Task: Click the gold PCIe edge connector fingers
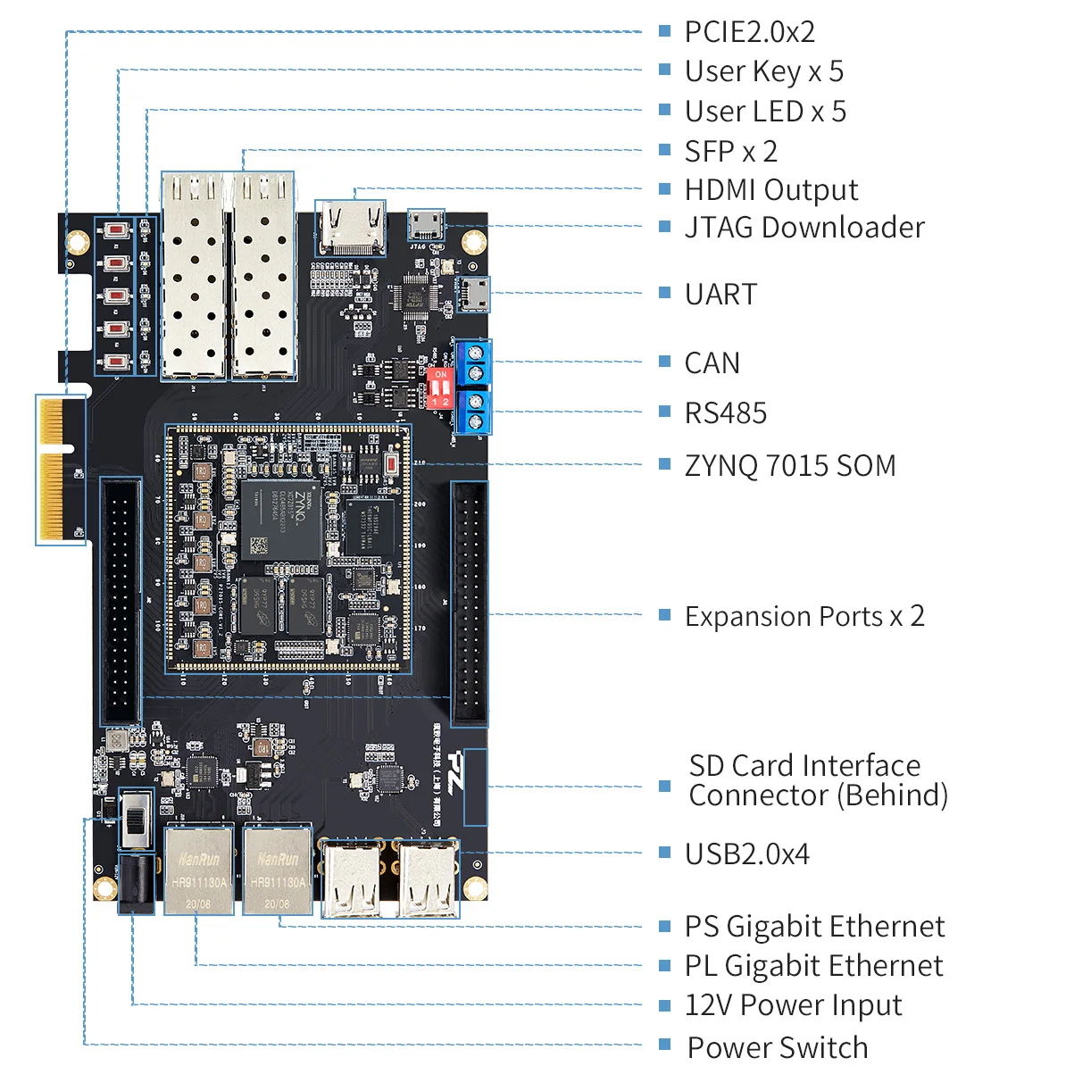click(x=53, y=469)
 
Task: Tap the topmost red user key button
click(x=116, y=230)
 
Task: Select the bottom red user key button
click(x=116, y=362)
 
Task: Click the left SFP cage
click(x=194, y=277)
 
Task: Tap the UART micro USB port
click(x=473, y=293)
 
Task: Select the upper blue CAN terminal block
click(x=473, y=362)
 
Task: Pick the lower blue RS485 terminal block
click(x=473, y=412)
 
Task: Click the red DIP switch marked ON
click(x=440, y=388)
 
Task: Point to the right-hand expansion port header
click(x=470, y=603)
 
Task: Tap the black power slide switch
click(x=136, y=819)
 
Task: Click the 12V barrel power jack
click(x=136, y=884)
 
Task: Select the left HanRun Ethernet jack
click(x=198, y=870)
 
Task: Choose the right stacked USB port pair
click(x=428, y=879)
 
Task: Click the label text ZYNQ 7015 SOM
click(x=789, y=465)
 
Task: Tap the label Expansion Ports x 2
click(x=804, y=616)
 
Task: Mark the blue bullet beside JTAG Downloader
click(x=664, y=227)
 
